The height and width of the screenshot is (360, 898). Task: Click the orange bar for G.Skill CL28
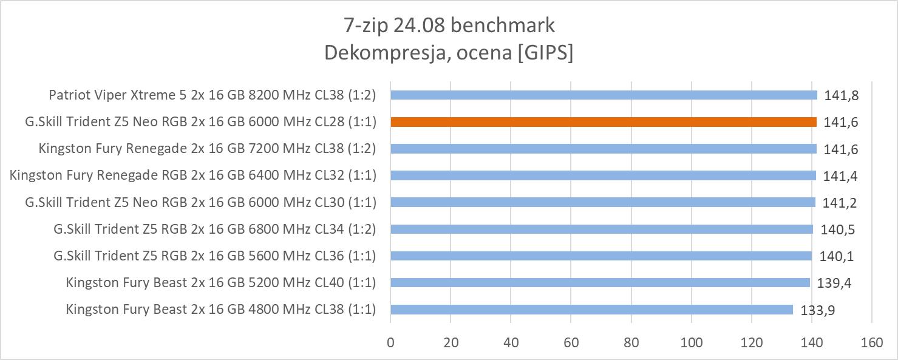pos(604,121)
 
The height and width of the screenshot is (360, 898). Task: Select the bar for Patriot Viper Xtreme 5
pos(604,95)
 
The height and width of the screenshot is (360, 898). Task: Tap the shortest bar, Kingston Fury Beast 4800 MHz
pos(591,310)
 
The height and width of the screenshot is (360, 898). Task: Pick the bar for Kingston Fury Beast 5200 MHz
pos(600,282)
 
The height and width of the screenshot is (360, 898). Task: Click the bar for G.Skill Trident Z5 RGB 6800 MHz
pos(602,229)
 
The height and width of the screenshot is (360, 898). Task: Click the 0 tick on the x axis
pos(390,342)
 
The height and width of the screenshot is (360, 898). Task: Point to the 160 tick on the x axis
pos(871,342)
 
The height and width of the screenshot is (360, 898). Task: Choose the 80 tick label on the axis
pos(631,342)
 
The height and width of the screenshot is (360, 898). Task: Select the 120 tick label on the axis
pos(751,342)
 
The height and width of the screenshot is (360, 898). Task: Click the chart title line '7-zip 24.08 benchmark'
pos(449,25)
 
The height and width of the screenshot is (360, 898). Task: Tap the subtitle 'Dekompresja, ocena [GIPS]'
pos(449,53)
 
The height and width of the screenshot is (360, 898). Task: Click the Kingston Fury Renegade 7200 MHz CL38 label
pos(207,149)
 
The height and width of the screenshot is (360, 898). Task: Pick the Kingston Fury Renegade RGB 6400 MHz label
pos(193,175)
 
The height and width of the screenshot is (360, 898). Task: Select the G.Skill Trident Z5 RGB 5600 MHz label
pos(214,256)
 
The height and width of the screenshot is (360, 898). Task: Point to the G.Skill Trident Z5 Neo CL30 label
pos(200,202)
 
